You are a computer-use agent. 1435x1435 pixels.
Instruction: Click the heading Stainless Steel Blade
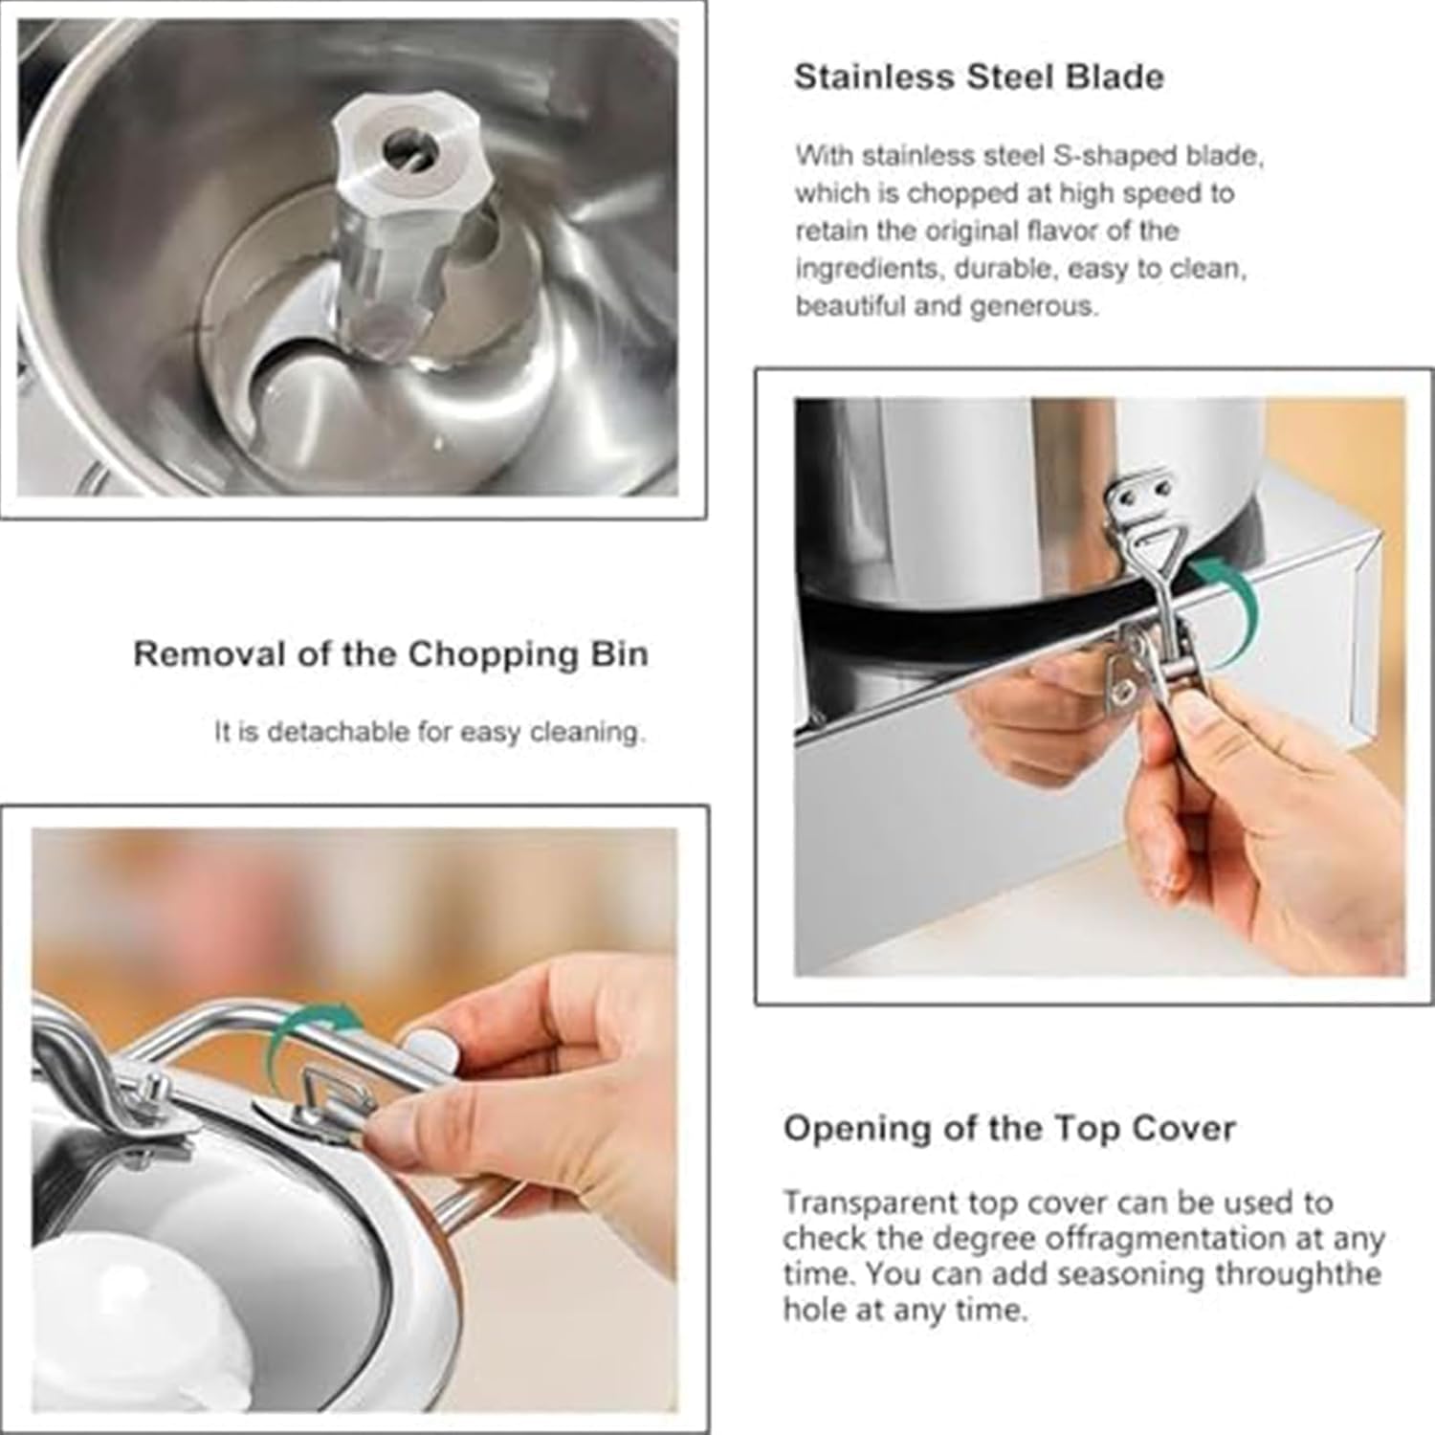[x=979, y=77]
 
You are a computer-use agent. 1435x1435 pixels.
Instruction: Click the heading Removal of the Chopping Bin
[x=390, y=654]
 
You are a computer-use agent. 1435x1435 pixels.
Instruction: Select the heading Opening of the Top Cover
[x=1009, y=1129]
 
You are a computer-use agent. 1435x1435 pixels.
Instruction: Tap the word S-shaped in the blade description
[x=1102, y=155]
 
